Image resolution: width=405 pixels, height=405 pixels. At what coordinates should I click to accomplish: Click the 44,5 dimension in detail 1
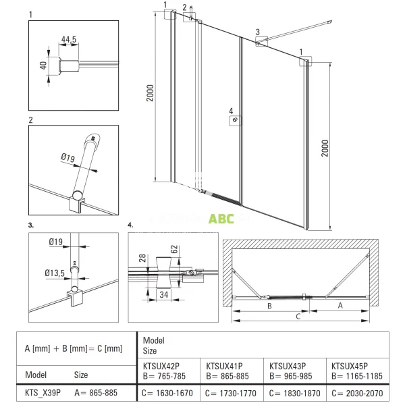(68, 40)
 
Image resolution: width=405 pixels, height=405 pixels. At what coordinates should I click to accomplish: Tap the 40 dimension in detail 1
(43, 65)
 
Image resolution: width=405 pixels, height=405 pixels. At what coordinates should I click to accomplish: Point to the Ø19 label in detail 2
(67, 158)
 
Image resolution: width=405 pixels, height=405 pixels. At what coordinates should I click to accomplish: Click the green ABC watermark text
(221, 218)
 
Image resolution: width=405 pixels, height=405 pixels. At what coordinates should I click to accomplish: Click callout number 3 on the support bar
(257, 32)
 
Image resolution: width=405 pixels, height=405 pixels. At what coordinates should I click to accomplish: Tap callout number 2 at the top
(185, 7)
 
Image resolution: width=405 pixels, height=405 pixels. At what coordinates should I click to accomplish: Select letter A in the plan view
(340, 305)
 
